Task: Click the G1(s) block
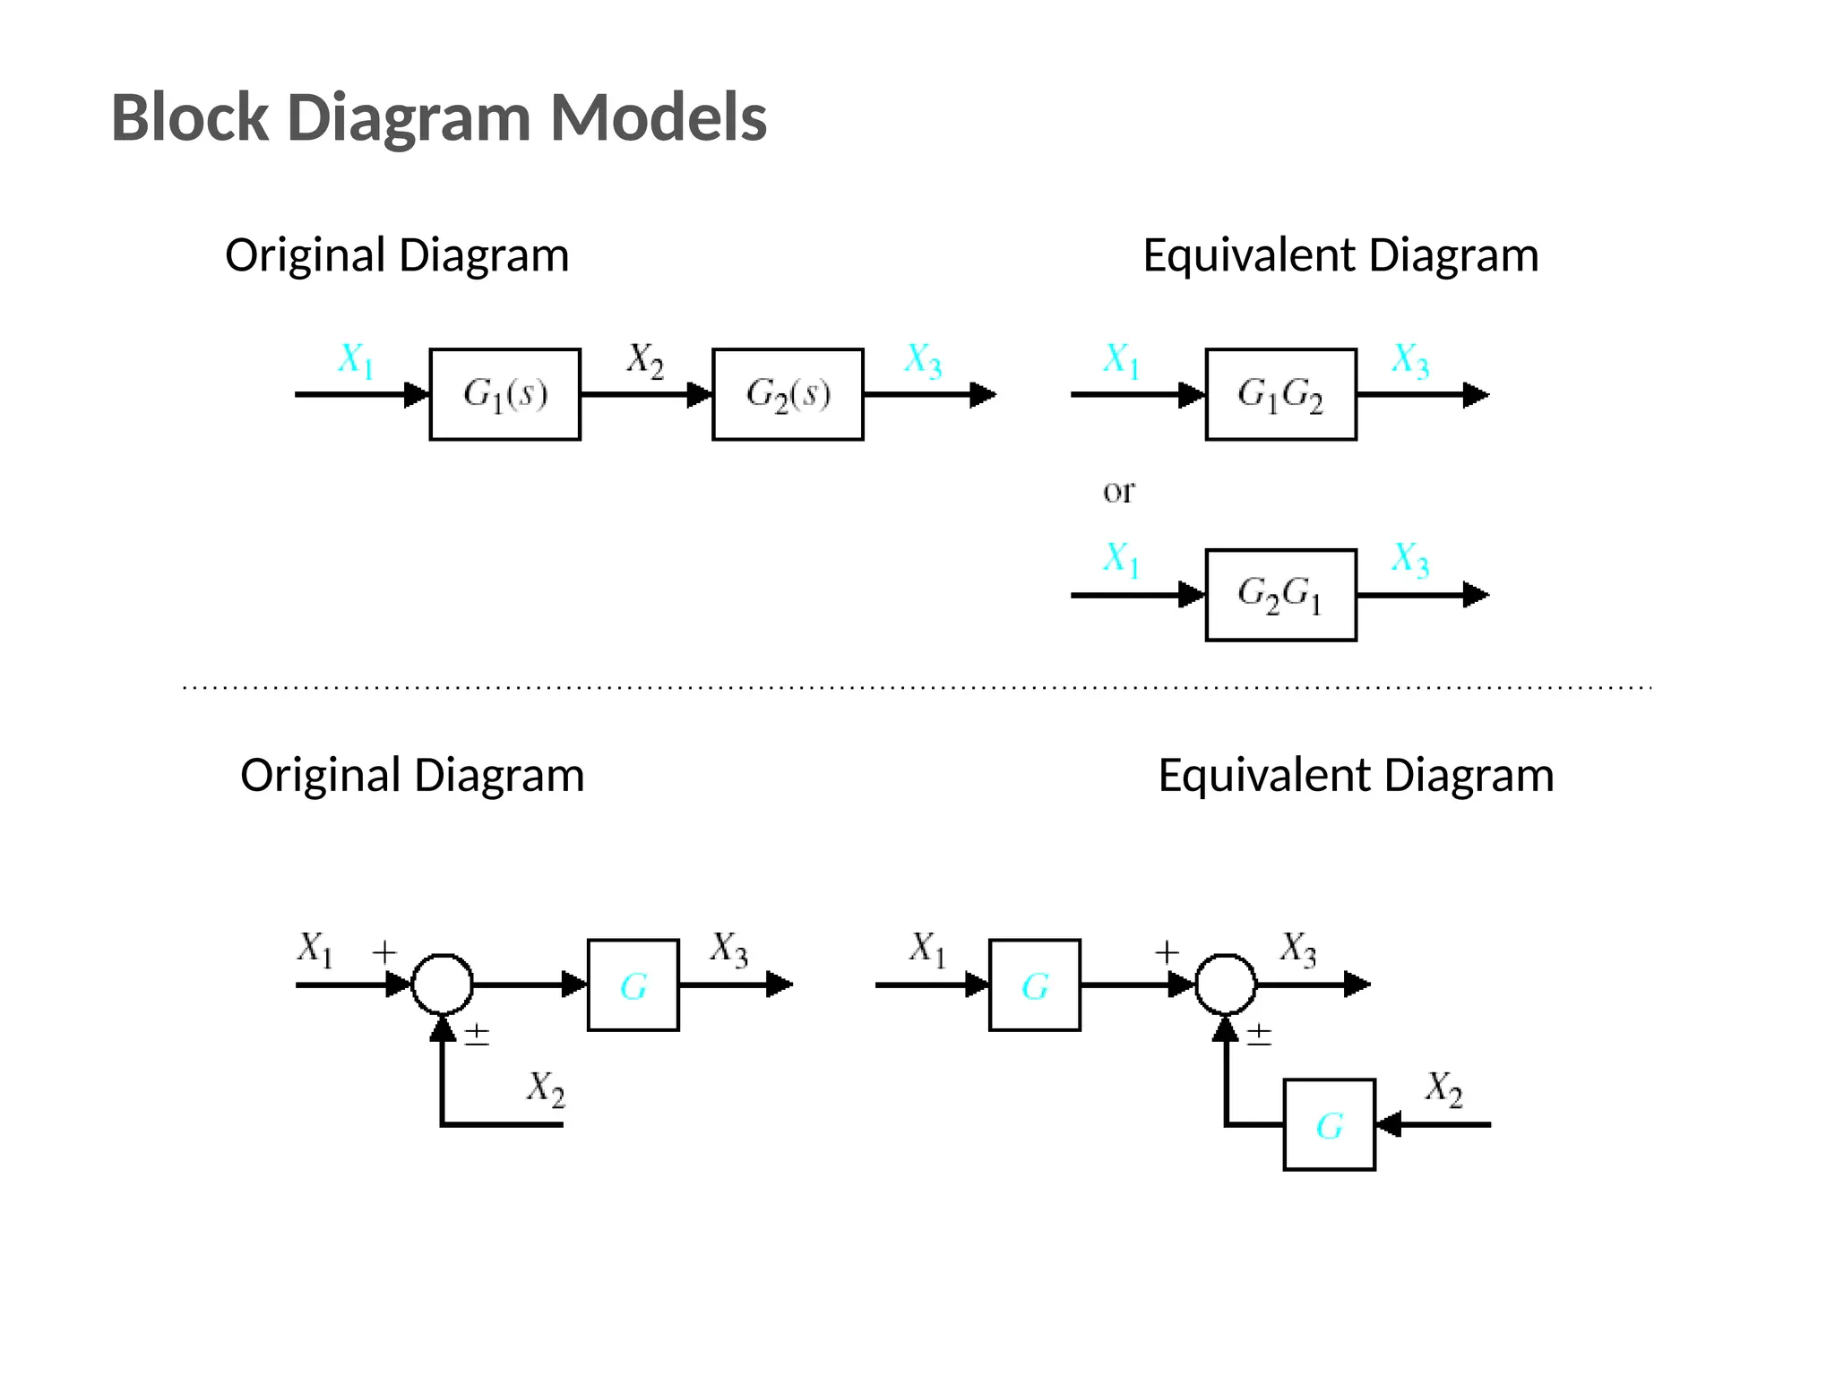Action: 504,394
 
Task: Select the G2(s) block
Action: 788,394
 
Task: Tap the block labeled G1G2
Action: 1280,394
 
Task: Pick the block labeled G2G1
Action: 1280,595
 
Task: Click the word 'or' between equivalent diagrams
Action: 1118,491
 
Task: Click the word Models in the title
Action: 658,117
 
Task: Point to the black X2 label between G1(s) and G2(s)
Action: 645,360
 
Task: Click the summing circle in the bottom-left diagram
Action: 442,984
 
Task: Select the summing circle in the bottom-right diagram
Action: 1226,984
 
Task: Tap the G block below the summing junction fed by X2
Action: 1329,1124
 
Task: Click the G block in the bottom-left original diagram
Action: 633,985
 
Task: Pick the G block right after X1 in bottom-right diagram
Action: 1034,985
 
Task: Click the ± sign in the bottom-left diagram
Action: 477,1036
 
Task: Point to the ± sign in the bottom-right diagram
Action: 1259,1036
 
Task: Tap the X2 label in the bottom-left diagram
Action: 546,1088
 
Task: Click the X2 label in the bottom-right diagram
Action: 1443,1089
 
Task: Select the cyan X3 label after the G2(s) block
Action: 923,361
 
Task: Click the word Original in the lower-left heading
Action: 319,776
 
